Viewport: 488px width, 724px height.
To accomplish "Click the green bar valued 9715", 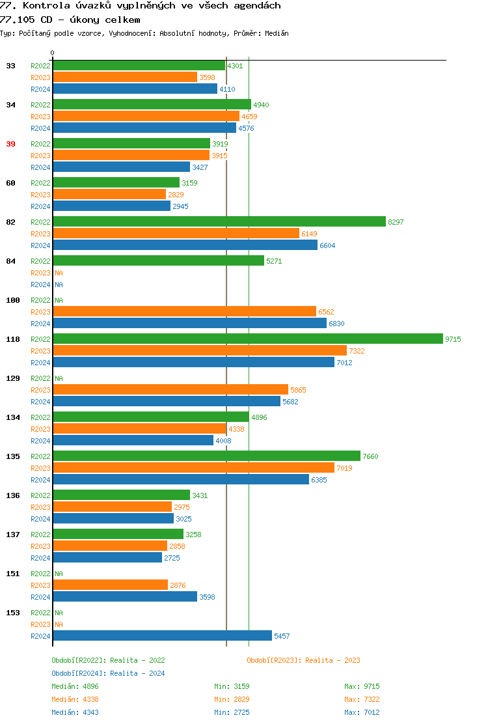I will point(247,339).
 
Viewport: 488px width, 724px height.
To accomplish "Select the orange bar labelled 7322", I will point(199,350).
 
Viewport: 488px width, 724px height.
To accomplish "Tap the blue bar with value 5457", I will point(162,635).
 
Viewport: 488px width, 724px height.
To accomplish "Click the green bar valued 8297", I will point(219,221).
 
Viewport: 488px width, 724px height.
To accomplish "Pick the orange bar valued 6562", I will point(184,311).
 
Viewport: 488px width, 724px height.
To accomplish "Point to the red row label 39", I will point(11,144).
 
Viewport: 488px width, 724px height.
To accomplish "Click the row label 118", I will point(13,339).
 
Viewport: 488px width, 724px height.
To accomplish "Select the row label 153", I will point(13,613).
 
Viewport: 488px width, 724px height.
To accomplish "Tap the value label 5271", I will point(274,261).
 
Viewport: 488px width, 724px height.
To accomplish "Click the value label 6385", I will point(319,480).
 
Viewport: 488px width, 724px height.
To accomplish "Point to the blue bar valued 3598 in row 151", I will point(124,596).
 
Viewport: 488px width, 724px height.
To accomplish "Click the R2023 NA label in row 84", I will point(59,273).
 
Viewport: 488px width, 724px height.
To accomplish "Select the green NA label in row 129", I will point(59,378).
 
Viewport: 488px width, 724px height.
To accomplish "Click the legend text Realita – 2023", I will point(332,660).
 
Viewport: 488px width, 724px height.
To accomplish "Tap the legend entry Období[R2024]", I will point(79,673).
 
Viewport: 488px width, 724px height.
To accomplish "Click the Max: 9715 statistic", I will point(362,686).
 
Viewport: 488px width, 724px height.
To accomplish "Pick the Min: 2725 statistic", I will point(232,712).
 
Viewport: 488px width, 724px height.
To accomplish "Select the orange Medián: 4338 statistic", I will point(75,699).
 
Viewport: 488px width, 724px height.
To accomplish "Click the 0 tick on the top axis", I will point(53,53).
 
